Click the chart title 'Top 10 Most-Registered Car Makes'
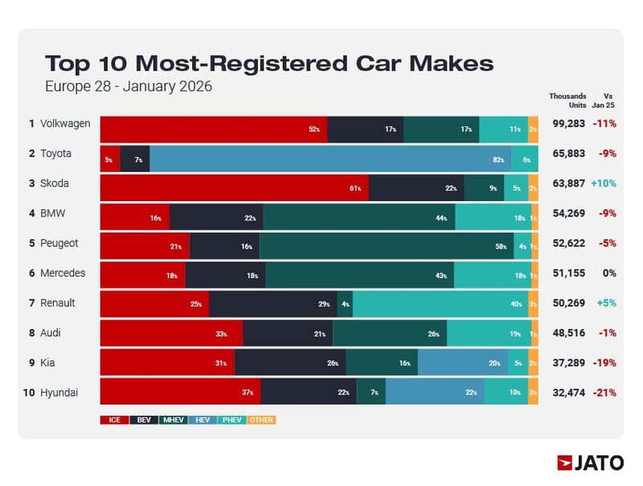268,64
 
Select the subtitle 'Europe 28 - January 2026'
129,86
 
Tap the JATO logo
590,463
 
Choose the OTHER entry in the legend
261,419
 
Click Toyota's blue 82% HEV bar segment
330,159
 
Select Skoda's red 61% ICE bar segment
234,188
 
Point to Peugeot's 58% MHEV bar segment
386,247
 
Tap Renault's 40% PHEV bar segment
440,304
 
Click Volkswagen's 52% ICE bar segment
213,130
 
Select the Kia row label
48,363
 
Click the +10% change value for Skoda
604,183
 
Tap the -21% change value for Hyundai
604,392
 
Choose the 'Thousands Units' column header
567,101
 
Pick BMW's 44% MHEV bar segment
358,217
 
